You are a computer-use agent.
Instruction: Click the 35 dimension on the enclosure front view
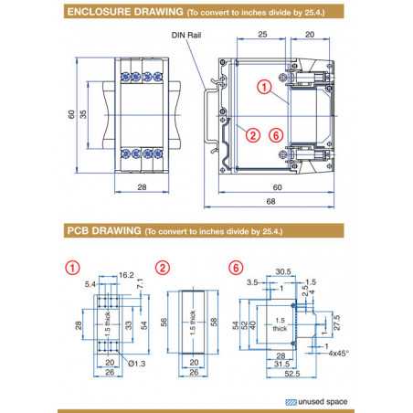(x=82, y=114)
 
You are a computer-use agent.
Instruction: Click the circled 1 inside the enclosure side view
(x=262, y=89)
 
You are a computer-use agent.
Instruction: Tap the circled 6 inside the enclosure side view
(x=275, y=134)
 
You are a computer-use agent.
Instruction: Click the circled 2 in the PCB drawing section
(x=163, y=268)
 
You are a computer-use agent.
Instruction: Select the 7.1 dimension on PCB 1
(x=139, y=290)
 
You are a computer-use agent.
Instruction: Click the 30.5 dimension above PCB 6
(x=284, y=271)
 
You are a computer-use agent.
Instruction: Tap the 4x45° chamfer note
(x=340, y=352)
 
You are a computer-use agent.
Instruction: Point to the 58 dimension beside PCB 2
(x=213, y=323)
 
